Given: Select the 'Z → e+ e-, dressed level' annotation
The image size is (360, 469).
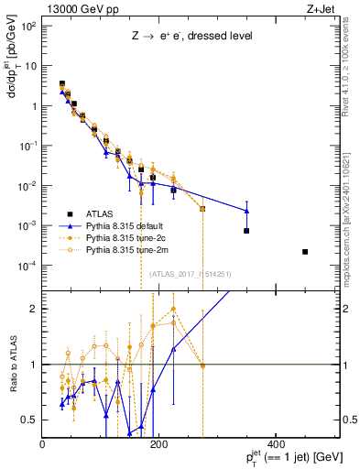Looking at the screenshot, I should pyautogui.click(x=191, y=37).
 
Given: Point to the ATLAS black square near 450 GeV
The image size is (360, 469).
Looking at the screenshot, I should pyautogui.click(x=305, y=252).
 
